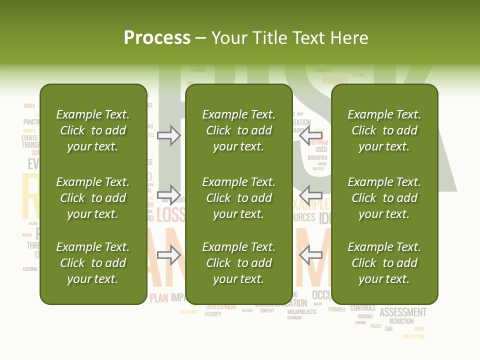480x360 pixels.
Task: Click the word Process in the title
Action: (157, 38)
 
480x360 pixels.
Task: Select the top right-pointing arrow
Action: (169, 135)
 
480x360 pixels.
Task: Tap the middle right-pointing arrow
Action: (169, 194)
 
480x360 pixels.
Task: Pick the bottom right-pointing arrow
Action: (169, 255)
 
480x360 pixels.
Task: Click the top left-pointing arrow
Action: (310, 135)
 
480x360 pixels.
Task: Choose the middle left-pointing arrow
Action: (310, 194)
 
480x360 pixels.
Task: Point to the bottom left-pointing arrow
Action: (310, 255)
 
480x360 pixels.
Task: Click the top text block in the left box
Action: (93, 130)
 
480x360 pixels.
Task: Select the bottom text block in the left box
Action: (93, 263)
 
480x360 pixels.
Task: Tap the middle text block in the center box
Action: (238, 198)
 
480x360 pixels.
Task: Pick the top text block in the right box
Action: (384, 130)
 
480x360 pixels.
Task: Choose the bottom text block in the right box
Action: (384, 263)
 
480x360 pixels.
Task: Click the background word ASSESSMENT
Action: (403, 312)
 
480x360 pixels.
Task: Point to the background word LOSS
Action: (170, 215)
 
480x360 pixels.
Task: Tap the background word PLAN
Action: (159, 298)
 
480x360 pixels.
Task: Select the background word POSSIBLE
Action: (334, 81)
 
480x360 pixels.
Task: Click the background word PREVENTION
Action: (413, 336)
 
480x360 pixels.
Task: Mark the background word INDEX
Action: (29, 106)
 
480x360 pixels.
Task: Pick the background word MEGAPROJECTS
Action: (302, 312)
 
